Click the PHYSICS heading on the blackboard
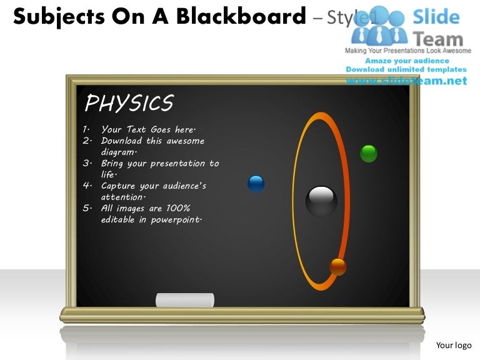pyautogui.click(x=129, y=103)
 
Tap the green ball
pyautogui.click(x=369, y=153)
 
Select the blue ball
pyautogui.click(x=256, y=183)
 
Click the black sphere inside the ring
pyautogui.click(x=321, y=201)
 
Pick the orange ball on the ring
pyautogui.click(x=338, y=267)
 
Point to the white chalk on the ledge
pyautogui.click(x=184, y=300)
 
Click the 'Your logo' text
pyautogui.click(x=453, y=345)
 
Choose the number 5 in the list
pyautogui.click(x=85, y=209)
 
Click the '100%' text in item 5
pyautogui.click(x=178, y=209)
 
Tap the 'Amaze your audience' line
pyautogui.click(x=407, y=61)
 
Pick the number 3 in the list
pyautogui.click(x=85, y=164)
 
